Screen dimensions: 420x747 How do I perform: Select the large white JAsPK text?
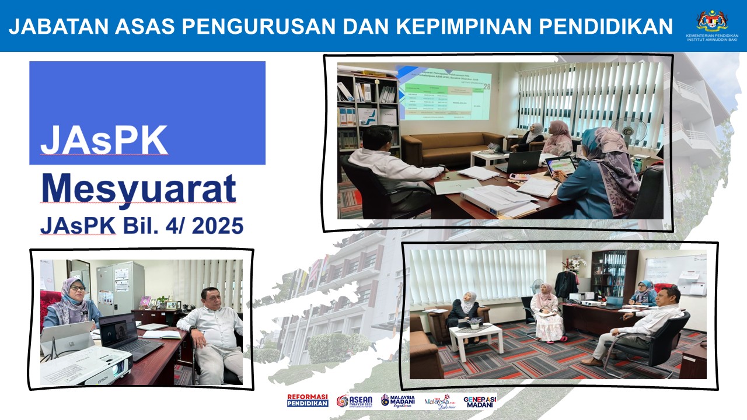104,141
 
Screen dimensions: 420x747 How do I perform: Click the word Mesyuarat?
139,188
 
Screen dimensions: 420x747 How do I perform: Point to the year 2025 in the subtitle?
217,226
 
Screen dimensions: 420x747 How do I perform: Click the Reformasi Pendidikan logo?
308,401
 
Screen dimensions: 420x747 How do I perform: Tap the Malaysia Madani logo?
398,401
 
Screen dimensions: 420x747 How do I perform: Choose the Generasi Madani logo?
480,401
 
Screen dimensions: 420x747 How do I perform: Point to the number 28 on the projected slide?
487,88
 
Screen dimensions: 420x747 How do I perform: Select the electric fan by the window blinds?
627,129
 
